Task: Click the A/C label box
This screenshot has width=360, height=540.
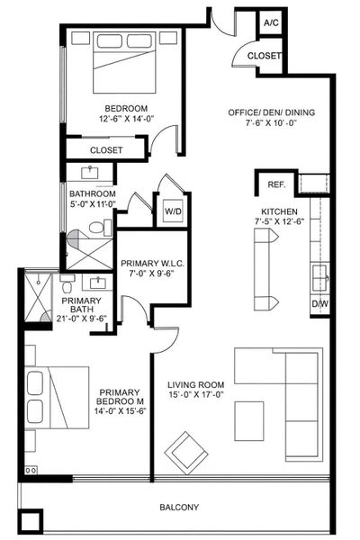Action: pyautogui.click(x=270, y=22)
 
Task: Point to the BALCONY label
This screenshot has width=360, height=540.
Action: pyautogui.click(x=179, y=508)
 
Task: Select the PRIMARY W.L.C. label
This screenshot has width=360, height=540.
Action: pyautogui.click(x=153, y=264)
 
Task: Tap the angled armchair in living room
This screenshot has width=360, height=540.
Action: pyautogui.click(x=186, y=451)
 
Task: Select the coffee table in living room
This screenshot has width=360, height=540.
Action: pyautogui.click(x=249, y=419)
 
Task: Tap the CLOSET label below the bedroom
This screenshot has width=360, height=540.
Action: pyautogui.click(x=107, y=150)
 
